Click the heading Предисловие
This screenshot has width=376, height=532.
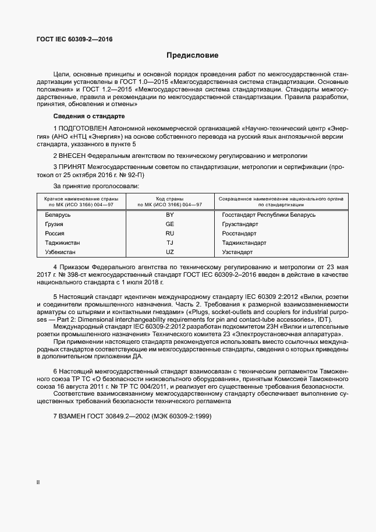(192, 56)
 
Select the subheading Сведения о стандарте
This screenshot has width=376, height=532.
(85, 117)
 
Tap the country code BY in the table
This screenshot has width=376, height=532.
(170, 215)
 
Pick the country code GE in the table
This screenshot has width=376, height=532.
(170, 224)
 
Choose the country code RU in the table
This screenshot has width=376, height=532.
(170, 234)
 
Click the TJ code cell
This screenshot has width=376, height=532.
(170, 243)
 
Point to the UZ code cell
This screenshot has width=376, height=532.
(170, 252)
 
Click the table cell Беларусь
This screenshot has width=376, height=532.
(58, 215)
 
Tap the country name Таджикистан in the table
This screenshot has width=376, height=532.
(63, 243)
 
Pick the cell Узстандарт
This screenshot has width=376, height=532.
(237, 252)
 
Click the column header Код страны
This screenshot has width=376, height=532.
(169, 199)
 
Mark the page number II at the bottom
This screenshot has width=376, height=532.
(38, 483)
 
